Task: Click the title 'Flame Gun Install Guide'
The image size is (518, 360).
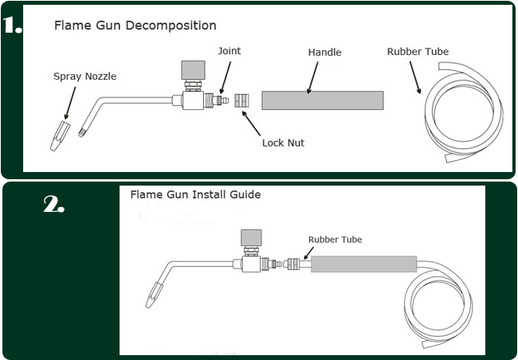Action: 195,194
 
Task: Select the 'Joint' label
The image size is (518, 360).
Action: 229,52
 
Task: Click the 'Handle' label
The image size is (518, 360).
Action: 324,53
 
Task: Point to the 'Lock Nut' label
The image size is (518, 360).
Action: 283,143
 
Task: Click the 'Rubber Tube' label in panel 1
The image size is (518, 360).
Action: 418,52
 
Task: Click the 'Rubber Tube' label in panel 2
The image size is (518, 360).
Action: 335,239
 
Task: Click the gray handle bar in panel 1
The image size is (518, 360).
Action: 323,101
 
